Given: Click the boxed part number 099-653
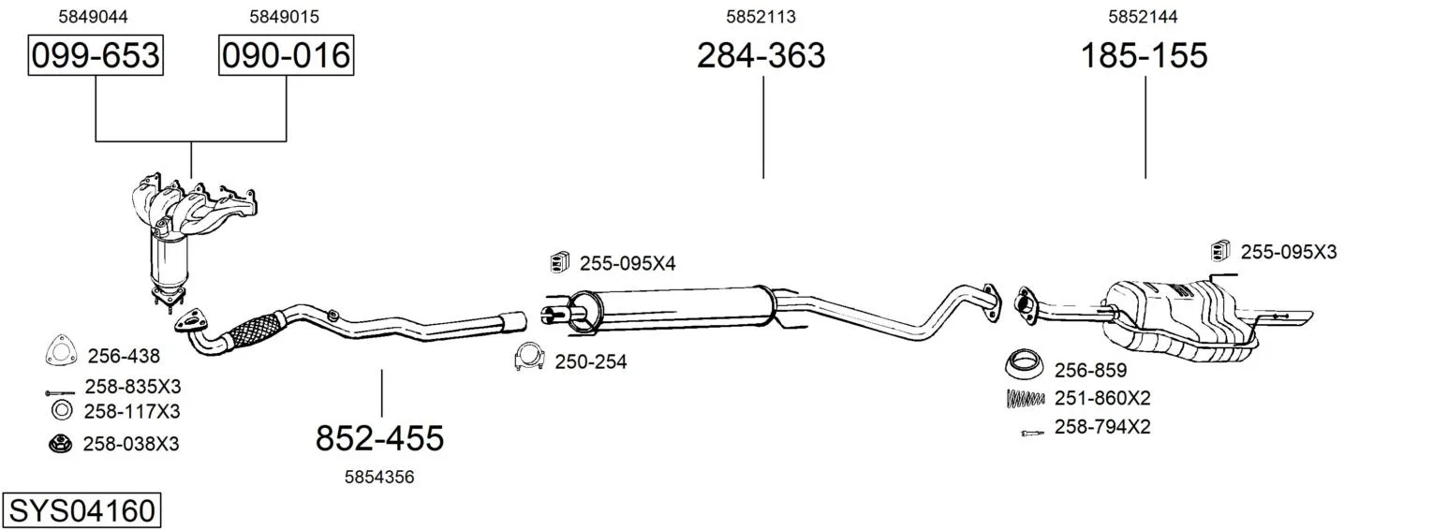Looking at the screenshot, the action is tap(96, 55).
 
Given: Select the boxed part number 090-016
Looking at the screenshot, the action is tap(286, 55).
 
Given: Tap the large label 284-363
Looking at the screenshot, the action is tap(761, 55).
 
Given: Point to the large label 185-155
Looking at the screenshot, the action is tap(1144, 55).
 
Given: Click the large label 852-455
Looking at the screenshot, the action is tap(379, 438).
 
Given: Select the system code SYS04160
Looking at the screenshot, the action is tap(81, 511).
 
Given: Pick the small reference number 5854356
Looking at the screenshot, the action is tap(379, 477).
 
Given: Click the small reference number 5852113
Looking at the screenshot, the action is tap(761, 17).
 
